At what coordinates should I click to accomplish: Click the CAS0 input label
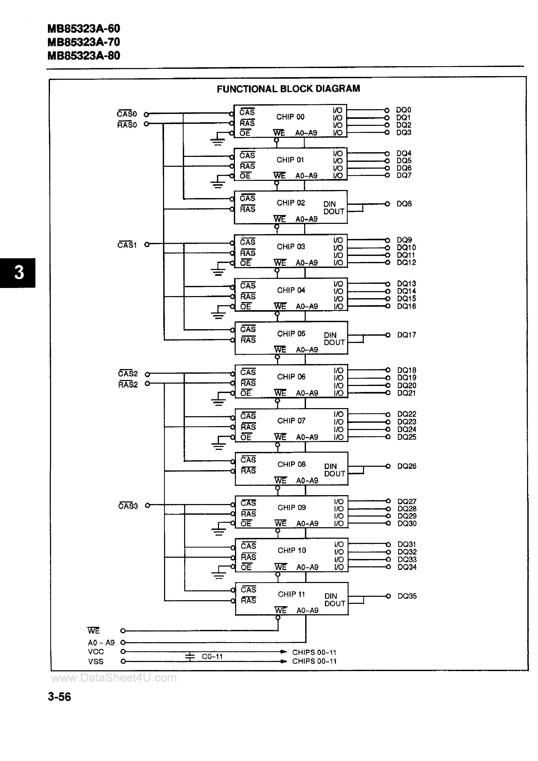tap(127, 114)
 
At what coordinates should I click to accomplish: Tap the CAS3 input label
tap(128, 506)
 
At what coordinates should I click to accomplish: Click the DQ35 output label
tap(407, 596)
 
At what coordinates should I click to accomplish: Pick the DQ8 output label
tap(404, 204)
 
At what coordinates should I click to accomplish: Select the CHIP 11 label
tap(291, 594)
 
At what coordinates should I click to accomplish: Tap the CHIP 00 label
tap(290, 117)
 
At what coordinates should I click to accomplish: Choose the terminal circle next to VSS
tap(123, 661)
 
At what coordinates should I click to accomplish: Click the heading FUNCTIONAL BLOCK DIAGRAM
tap(288, 89)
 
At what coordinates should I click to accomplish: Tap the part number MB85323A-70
tap(84, 42)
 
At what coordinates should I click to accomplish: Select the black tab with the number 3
tap(18, 272)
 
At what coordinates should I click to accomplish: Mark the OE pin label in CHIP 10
tap(246, 567)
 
